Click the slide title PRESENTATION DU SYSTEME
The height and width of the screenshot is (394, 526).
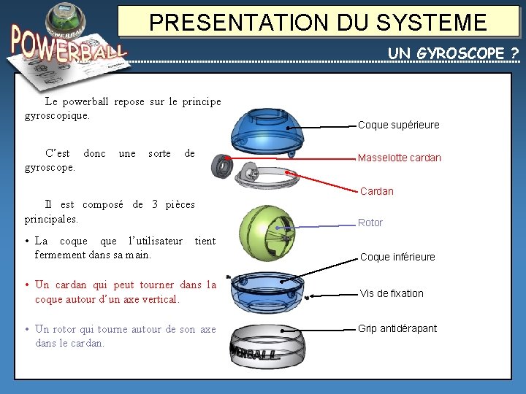(318, 21)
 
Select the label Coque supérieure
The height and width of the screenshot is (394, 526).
(398, 125)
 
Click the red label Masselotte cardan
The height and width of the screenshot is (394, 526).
(399, 158)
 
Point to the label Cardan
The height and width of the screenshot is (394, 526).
(376, 191)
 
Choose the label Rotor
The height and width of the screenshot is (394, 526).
(370, 223)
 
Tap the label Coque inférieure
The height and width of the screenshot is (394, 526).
(397, 257)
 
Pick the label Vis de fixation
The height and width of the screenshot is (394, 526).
(392, 293)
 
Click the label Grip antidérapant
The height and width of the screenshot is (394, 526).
(397, 328)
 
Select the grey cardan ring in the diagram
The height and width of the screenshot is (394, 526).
(270, 175)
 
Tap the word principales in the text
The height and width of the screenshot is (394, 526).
(51, 218)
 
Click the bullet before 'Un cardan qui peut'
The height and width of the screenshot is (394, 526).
(26, 285)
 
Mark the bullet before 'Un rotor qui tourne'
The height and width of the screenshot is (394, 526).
(26, 330)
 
